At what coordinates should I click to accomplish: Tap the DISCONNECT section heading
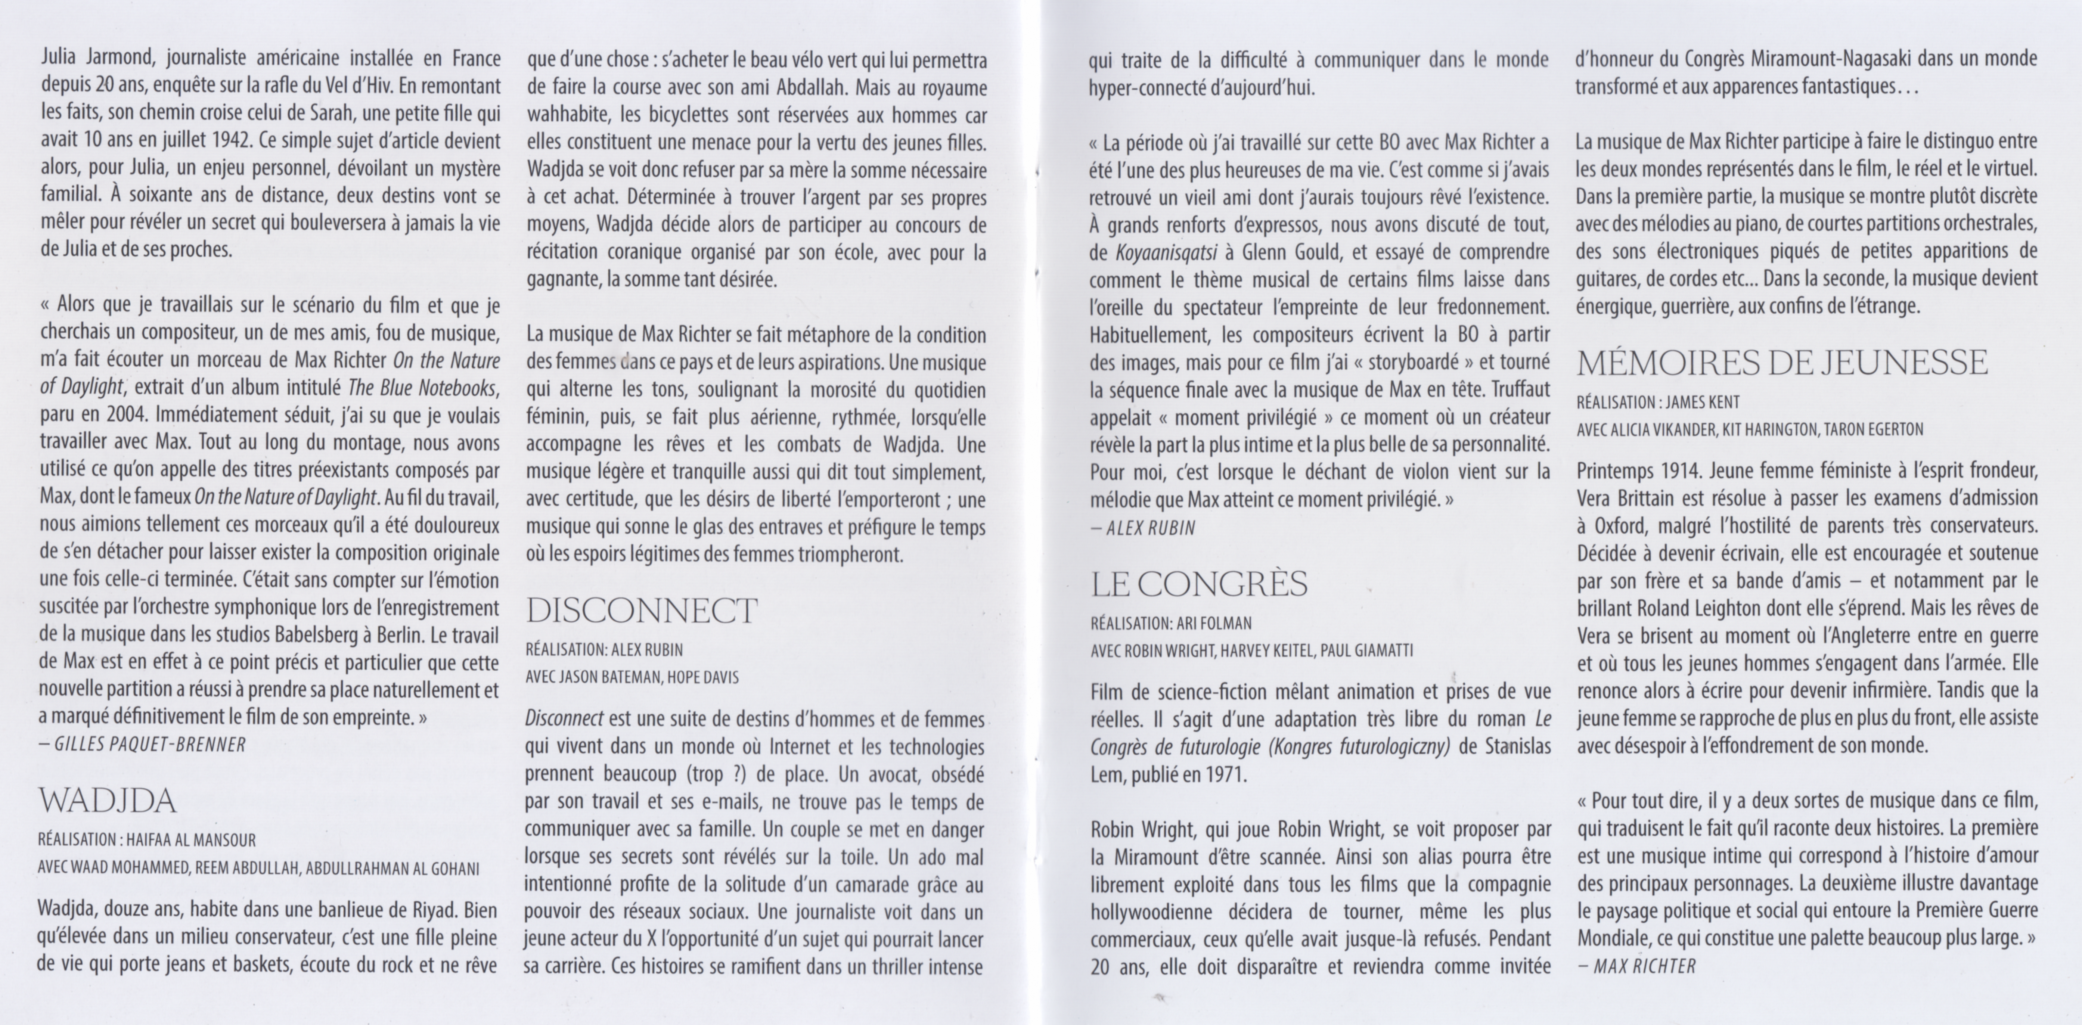coord(642,611)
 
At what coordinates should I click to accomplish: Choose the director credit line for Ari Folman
coord(1170,623)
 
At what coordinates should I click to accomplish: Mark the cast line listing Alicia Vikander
coord(1750,429)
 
